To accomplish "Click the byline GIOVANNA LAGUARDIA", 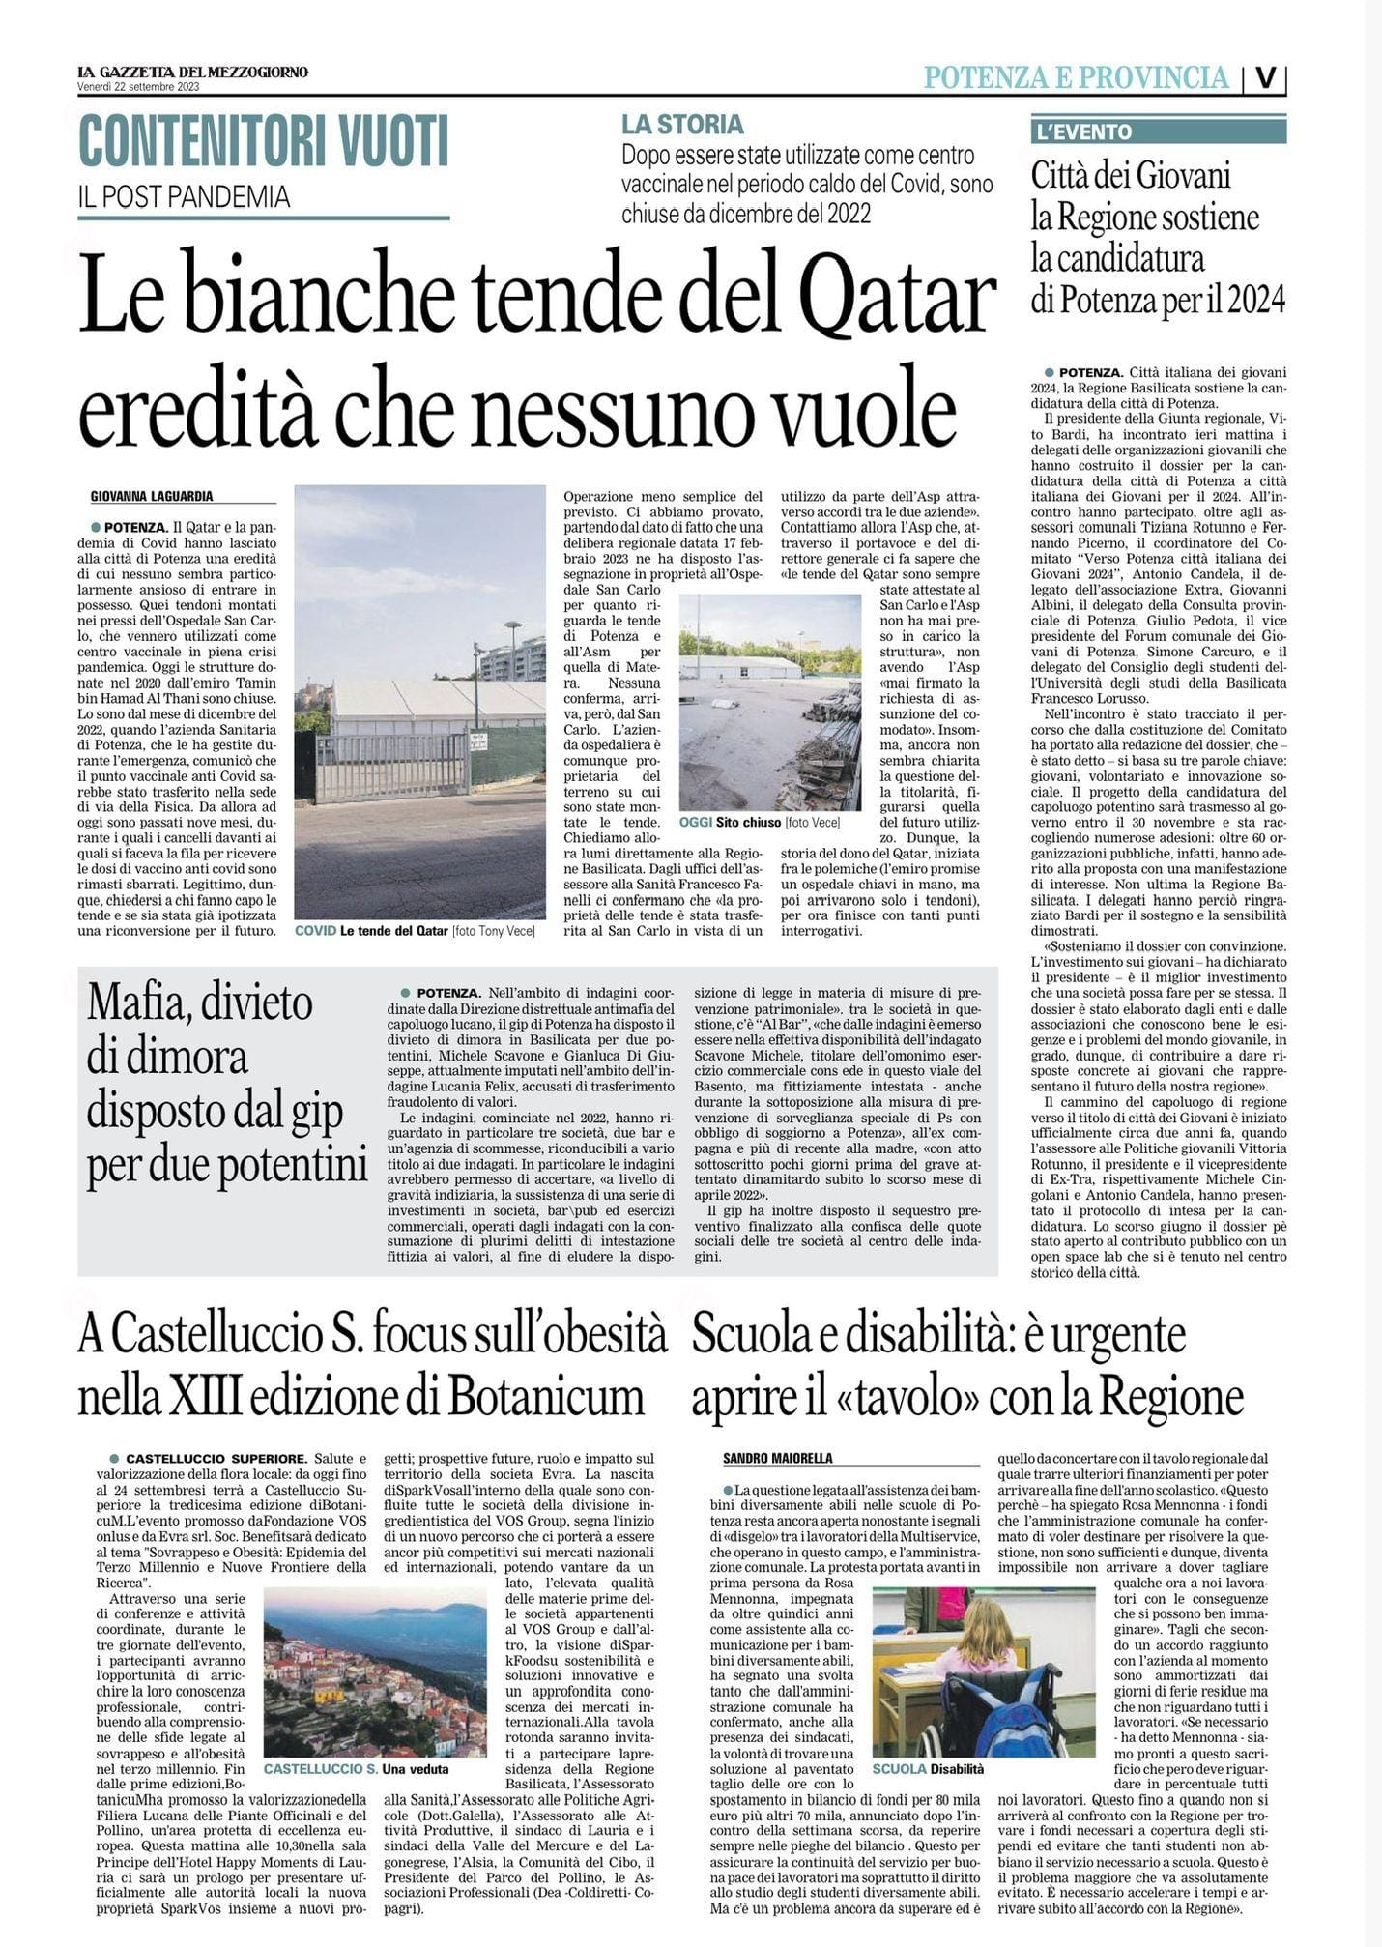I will pyautogui.click(x=151, y=497).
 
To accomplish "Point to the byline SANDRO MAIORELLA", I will pyautogui.click(x=778, y=1458).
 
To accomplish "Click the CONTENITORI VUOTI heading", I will pyautogui.click(x=263, y=140).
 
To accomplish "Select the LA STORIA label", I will pyautogui.click(x=682, y=125).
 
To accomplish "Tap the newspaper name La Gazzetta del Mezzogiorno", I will pyautogui.click(x=193, y=72).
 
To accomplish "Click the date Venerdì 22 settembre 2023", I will pyautogui.click(x=139, y=87).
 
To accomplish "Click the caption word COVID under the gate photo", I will pyautogui.click(x=316, y=931).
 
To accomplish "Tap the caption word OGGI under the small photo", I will pyautogui.click(x=696, y=823).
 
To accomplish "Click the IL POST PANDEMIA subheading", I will pyautogui.click(x=184, y=197).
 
